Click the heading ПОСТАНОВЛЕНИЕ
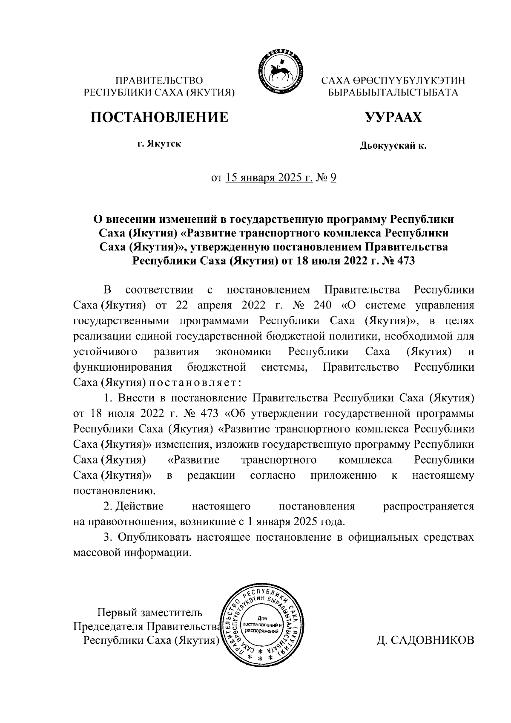pos(158,117)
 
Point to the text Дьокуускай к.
pos(393,146)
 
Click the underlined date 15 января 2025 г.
pos(269,178)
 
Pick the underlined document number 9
pos(333,178)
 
